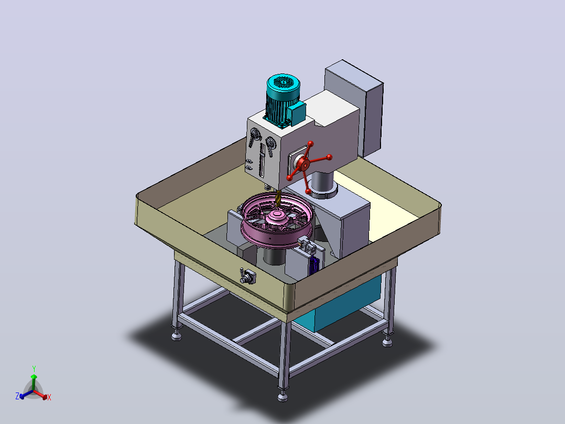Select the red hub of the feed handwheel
pyautogui.click(x=305, y=165)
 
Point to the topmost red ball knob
pyautogui.click(x=311, y=144)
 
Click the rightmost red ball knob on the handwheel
pyautogui.click(x=329, y=157)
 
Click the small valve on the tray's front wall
pyautogui.click(x=247, y=277)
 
